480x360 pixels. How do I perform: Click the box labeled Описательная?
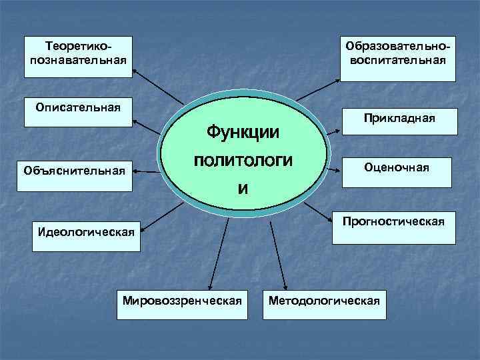[x=79, y=111]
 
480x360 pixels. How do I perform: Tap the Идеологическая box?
[x=87, y=233]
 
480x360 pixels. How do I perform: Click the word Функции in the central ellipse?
[x=243, y=131]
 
